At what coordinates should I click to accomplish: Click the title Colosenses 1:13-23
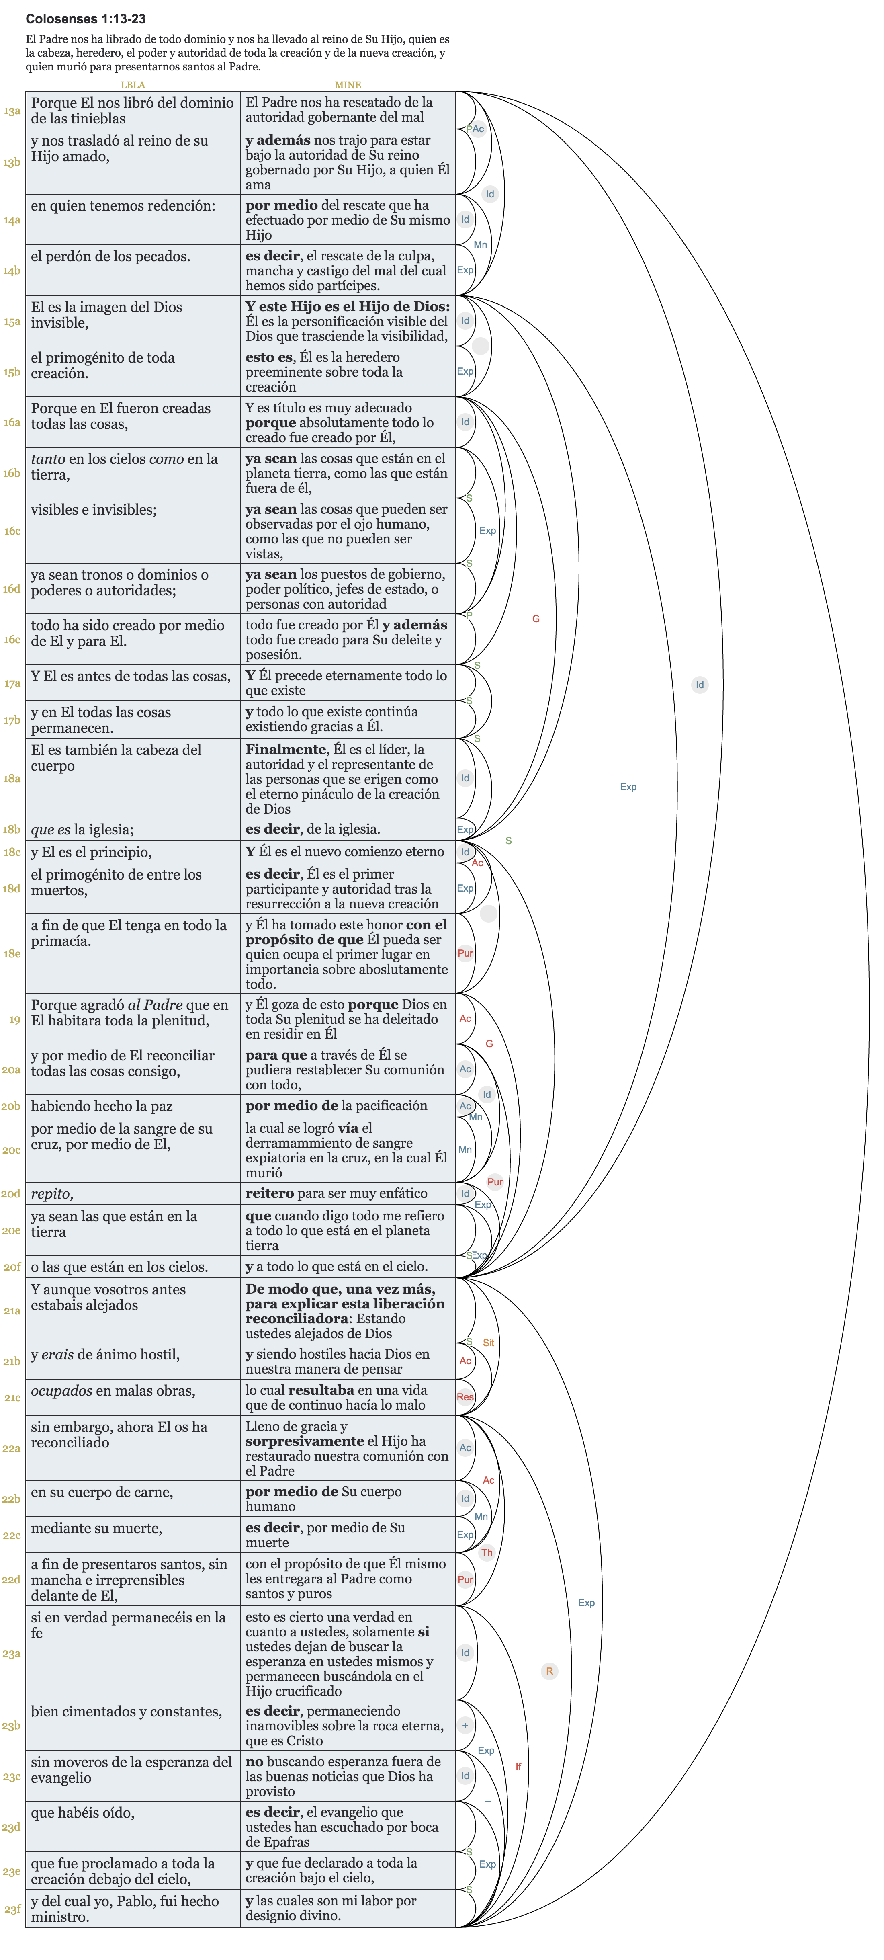pyautogui.click(x=85, y=19)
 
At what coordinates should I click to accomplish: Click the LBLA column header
pyautogui.click(x=133, y=85)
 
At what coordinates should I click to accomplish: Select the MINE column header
pyautogui.click(x=348, y=85)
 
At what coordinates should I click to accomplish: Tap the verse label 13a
pyautogui.click(x=11, y=111)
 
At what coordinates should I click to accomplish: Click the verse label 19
pyautogui.click(x=14, y=1019)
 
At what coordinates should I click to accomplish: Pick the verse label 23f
pyautogui.click(x=11, y=1909)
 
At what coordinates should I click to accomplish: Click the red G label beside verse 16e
pyautogui.click(x=536, y=619)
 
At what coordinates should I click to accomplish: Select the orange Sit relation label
pyautogui.click(x=488, y=1343)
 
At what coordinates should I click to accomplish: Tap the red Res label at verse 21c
pyautogui.click(x=465, y=1397)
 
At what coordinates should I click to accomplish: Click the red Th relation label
pyautogui.click(x=487, y=1552)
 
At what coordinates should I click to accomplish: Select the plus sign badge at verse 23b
pyautogui.click(x=465, y=1726)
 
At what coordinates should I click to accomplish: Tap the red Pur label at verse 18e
pyautogui.click(x=465, y=953)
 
